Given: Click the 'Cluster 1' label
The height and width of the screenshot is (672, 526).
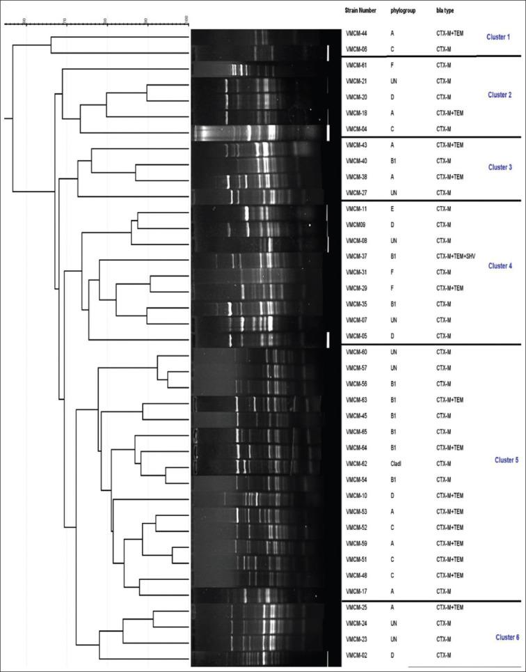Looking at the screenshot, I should pyautogui.click(x=498, y=36).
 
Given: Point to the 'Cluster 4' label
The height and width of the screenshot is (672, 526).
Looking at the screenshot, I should pyautogui.click(x=498, y=266).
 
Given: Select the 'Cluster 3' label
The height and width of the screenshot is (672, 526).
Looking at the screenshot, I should pyautogui.click(x=498, y=167).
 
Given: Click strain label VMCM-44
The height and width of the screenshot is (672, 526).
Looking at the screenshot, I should pyautogui.click(x=356, y=33).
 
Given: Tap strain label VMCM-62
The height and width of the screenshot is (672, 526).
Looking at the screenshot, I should pyautogui.click(x=356, y=462).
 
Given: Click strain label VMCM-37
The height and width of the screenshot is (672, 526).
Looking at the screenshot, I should pyautogui.click(x=356, y=256).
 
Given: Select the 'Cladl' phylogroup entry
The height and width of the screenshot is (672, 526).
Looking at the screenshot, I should pyautogui.click(x=398, y=462).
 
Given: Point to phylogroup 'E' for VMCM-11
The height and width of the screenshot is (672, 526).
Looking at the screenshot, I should pyautogui.click(x=392, y=208).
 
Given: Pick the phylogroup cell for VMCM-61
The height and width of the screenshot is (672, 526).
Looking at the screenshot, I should pyautogui.click(x=392, y=65).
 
